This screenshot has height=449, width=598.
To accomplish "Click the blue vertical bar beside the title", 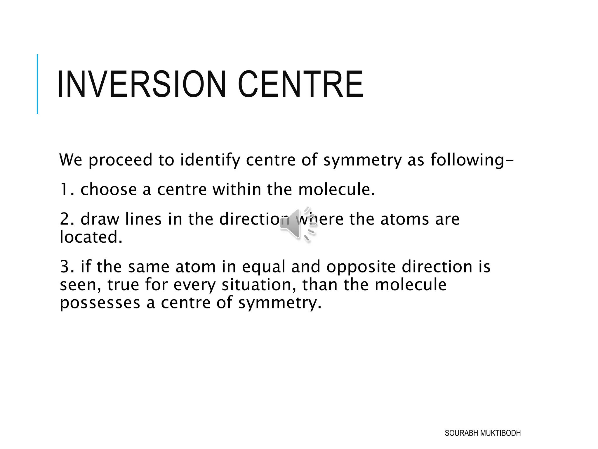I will click(x=37, y=84).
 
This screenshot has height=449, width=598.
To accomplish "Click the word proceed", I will click(x=120, y=160).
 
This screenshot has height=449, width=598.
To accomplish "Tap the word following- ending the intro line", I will click(x=472, y=160).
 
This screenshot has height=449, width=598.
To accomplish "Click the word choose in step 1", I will click(x=108, y=189).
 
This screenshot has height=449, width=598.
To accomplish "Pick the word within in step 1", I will click(x=237, y=189).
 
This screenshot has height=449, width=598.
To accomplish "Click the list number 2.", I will click(x=66, y=219).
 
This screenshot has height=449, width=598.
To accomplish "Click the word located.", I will click(x=91, y=237).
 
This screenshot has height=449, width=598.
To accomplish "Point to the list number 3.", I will click(x=66, y=267).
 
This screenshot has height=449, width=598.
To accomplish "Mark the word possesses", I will click(x=100, y=303).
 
